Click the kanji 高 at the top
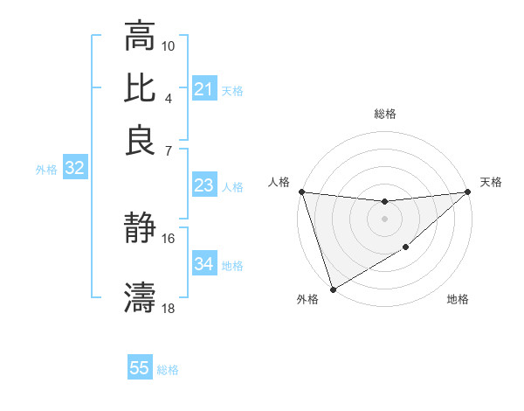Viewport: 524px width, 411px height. point(140,38)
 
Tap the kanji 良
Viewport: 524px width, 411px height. point(140,139)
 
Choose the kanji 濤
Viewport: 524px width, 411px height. point(140,297)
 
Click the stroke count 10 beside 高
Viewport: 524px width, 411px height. point(169,45)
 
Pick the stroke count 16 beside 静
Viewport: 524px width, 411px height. point(169,238)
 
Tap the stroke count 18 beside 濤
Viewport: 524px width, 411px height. point(169,308)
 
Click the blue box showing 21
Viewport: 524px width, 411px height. point(203,89)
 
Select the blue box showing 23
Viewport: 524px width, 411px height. point(203,185)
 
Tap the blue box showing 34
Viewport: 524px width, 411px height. point(203,264)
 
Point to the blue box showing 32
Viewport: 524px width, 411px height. point(74,169)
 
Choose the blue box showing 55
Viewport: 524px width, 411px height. point(140,368)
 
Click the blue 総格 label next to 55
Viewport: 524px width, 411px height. point(169,370)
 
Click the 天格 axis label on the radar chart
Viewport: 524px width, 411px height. point(491,182)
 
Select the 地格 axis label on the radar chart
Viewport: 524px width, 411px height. point(458,300)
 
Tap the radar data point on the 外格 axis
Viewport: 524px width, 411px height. point(333,289)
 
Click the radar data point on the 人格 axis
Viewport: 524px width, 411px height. point(301,192)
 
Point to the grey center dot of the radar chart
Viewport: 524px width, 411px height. point(384,219)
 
